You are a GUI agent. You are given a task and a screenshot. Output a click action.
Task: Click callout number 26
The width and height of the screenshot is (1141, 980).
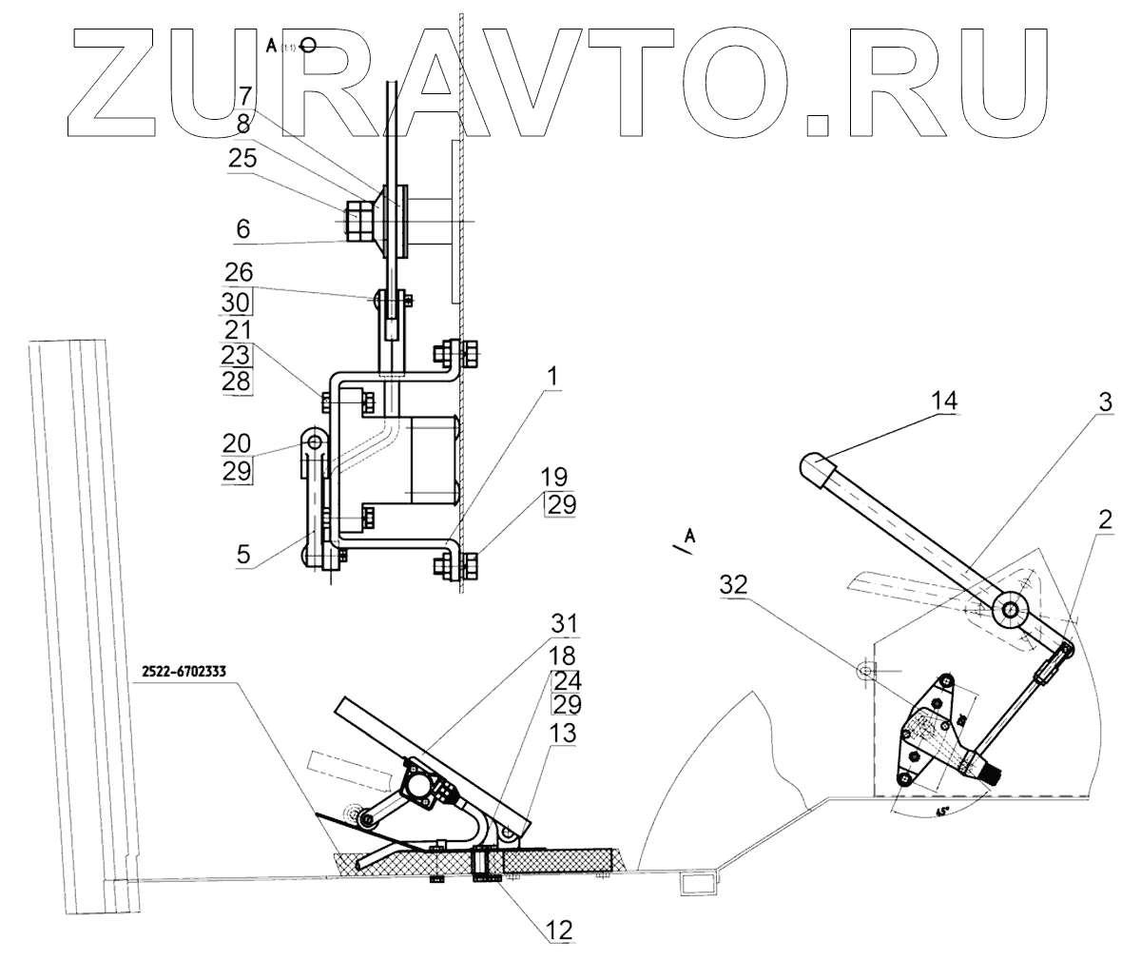point(239,274)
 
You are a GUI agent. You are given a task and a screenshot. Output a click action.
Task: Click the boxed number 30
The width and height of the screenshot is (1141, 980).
point(239,303)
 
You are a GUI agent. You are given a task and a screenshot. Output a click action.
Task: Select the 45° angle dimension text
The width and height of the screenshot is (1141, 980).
point(942,812)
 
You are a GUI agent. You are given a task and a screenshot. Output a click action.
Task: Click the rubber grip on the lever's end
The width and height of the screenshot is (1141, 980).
point(815,468)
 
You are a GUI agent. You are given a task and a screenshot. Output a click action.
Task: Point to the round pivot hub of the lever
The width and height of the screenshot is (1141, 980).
point(1010,609)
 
